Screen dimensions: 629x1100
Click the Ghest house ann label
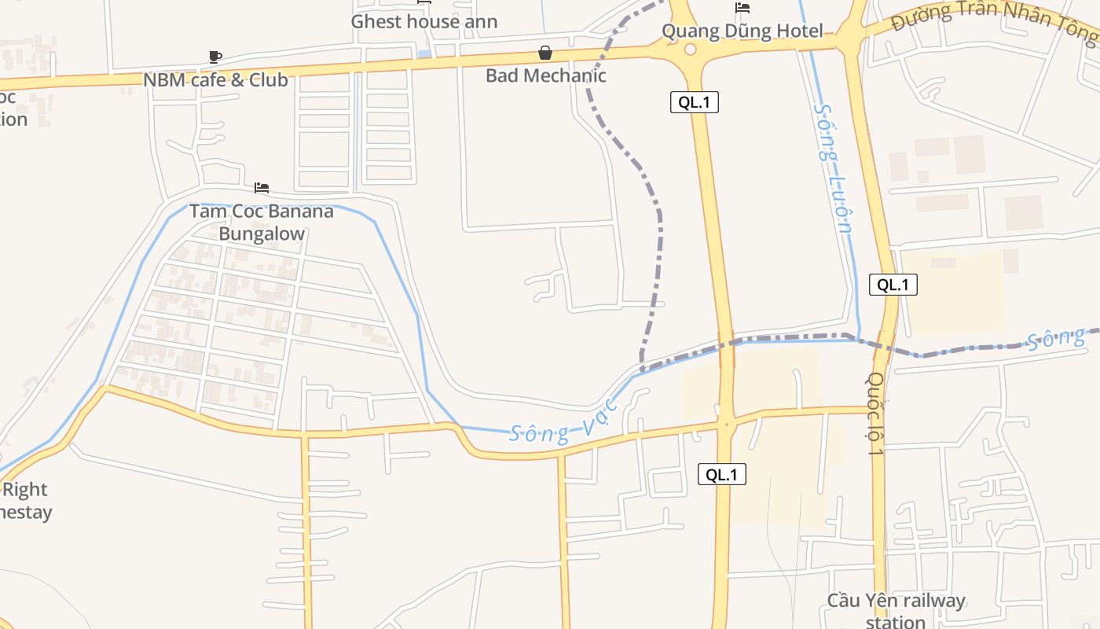423,21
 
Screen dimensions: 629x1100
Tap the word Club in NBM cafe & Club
269,79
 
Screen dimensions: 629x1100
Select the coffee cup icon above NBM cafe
215,57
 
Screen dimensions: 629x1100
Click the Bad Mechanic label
545,75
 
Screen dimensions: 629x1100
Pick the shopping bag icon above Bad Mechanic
544,53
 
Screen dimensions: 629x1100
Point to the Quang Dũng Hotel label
742,31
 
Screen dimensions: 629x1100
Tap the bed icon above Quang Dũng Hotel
742,8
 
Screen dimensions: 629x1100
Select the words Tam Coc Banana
261,211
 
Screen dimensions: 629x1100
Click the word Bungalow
261,234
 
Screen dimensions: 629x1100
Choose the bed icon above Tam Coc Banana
262,188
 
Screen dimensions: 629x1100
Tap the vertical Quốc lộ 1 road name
877,414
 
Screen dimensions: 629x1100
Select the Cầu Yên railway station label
895,610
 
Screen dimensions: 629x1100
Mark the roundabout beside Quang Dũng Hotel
690,50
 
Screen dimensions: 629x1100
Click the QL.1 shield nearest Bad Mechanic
694,101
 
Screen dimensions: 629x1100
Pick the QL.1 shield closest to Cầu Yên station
721,474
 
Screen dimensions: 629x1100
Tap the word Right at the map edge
25,490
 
